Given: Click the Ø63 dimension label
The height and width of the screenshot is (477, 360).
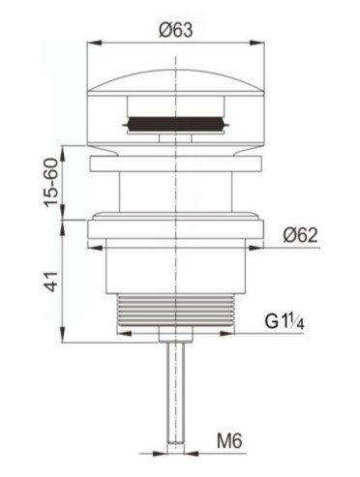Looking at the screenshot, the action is pos(176,30).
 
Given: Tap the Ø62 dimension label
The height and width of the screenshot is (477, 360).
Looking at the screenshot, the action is pos(300,235).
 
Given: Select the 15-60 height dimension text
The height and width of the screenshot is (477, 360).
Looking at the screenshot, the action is pos(51,183).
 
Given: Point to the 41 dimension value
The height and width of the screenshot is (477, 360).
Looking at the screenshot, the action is pos(51,282).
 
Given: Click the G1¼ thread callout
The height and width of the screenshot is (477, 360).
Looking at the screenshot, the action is pos(285,321).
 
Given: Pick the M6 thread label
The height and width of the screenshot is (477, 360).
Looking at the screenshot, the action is pos(229,440).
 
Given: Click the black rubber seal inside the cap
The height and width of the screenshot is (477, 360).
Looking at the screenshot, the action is pos(176,124).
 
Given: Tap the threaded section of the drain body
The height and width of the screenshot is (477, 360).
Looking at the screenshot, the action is pos(175,310).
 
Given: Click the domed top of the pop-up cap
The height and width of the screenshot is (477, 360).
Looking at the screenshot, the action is pos(176,81).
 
